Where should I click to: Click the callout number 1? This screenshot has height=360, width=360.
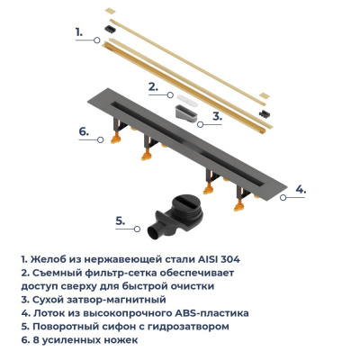pyautogui.click(x=79, y=31)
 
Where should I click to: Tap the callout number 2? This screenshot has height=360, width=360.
pyautogui.click(x=153, y=86)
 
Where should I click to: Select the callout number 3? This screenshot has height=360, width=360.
pyautogui.click(x=217, y=116)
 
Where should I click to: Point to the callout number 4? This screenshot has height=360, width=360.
pyautogui.click(x=301, y=190)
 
